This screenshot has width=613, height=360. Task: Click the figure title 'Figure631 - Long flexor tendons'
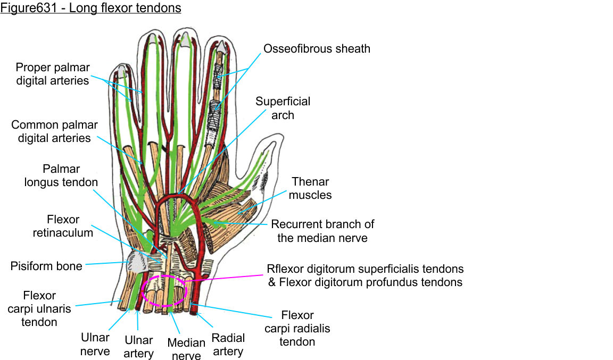pos(90,9)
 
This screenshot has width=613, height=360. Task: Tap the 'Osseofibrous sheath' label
pos(317,49)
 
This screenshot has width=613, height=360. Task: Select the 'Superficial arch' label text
pos(283,108)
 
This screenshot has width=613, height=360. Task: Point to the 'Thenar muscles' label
pos(310,188)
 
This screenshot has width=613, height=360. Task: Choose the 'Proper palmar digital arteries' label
pos(53,74)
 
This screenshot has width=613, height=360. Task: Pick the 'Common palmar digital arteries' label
pos(54,131)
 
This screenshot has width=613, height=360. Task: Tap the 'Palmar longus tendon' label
pos(61,175)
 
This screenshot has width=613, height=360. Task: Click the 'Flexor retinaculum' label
pos(63,225)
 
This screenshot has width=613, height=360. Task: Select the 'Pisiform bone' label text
pos(46,265)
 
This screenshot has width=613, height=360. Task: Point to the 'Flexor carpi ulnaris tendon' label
pos(39,308)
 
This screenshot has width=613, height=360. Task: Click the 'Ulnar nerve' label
pos(95,344)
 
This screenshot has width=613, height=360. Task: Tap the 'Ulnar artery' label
pos(138,347)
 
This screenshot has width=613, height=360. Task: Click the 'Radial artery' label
pos(228,344)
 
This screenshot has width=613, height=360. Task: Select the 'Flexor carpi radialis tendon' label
pos(297,328)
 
